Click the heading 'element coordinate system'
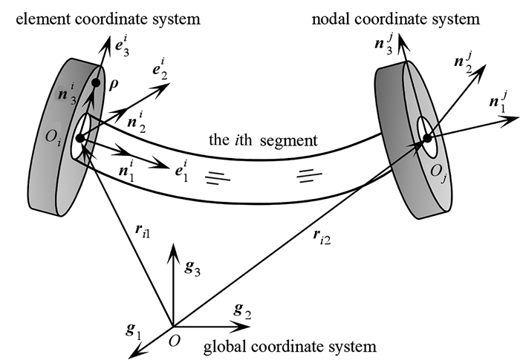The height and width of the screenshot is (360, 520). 108,19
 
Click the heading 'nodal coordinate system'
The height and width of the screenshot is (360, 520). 396,19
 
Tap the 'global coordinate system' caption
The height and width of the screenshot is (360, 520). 290,347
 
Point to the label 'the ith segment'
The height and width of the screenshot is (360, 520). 263,140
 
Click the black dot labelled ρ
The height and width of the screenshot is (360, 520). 96,83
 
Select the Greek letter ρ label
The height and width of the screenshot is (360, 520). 113,85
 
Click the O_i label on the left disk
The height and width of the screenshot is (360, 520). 53,137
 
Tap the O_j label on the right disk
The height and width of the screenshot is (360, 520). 438,172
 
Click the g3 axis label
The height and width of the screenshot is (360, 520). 192,267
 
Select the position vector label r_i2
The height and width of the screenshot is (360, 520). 322,236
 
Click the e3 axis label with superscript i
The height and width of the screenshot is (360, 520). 122,48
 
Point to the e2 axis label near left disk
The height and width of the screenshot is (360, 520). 160,70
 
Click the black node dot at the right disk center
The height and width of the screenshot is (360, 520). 427,138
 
